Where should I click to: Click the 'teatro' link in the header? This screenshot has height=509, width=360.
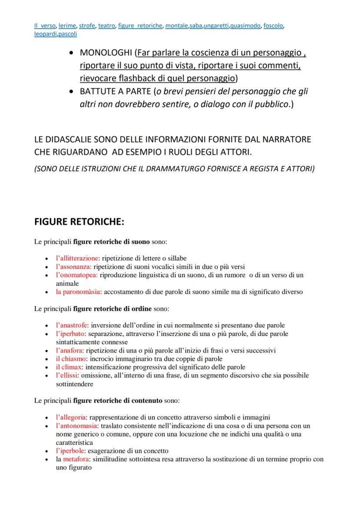click(106, 26)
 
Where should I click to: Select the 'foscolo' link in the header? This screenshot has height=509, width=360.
click(273, 26)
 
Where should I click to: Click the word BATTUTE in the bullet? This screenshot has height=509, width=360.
click(98, 92)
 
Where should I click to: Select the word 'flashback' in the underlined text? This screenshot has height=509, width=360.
click(136, 79)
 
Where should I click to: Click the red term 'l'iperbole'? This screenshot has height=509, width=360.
click(71, 451)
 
